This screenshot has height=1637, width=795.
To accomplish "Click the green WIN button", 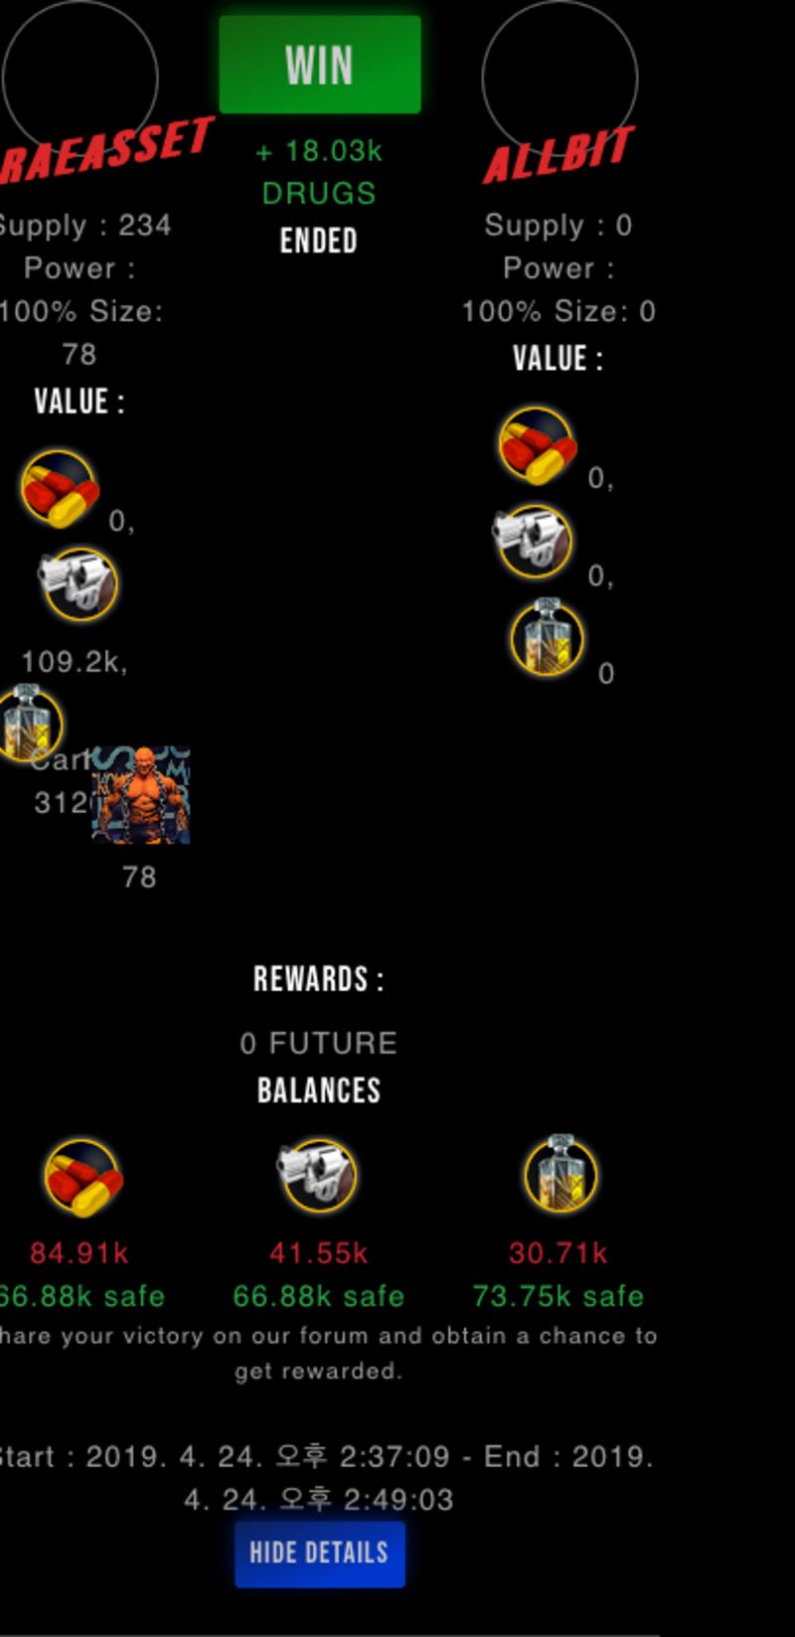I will coord(319,65).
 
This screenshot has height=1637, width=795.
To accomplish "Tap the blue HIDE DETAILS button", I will coord(319,1553).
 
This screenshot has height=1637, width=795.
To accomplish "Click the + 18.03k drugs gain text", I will coord(319,151).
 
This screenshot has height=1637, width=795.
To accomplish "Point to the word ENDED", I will coord(319,241).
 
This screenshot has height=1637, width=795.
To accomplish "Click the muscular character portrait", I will coord(141,795).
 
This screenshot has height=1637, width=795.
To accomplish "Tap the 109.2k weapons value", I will coord(75,662).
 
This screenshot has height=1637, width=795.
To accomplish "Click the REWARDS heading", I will coord(319,980).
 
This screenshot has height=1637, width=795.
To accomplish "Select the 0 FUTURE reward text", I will coord(319,1043).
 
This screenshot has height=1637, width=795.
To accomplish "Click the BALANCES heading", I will coord(319,1090).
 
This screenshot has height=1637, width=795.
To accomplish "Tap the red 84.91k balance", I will coord(79,1252).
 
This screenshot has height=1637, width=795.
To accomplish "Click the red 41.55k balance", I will coord(319,1252).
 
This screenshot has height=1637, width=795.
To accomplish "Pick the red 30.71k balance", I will coord(558,1252).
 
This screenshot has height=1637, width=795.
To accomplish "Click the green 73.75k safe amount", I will coord(558,1296).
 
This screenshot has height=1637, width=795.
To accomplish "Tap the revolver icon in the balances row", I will coord(317,1175).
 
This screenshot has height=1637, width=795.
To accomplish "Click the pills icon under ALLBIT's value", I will coord(537,445).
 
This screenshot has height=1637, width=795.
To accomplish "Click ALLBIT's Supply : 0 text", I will coord(558,226).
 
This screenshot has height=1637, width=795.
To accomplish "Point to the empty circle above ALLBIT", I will coord(559,78).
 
